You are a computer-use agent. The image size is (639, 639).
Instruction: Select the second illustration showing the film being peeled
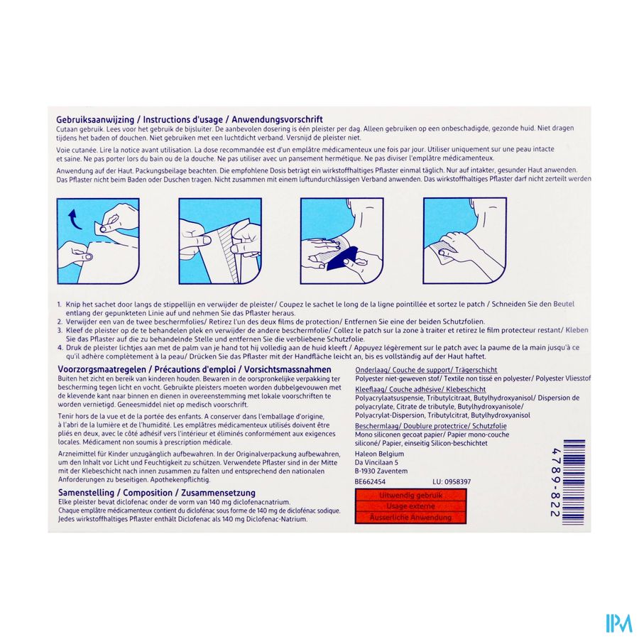click(219, 241)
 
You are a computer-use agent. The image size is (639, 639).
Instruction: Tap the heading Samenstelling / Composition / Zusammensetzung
click(155, 492)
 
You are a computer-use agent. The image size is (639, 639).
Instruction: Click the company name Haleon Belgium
click(378, 454)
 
